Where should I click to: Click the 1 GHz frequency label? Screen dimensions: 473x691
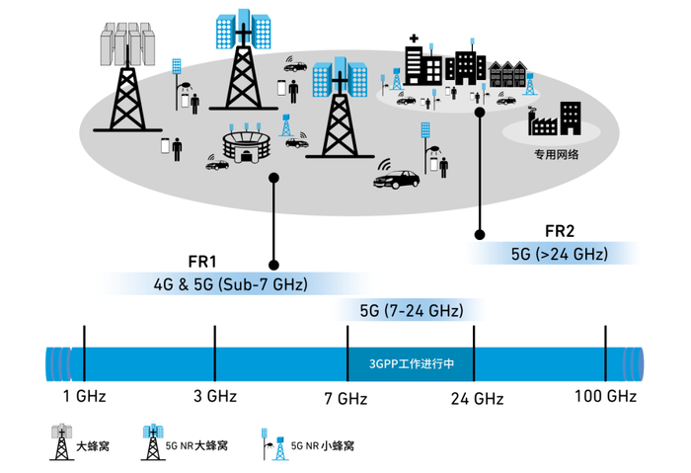pos(84,397)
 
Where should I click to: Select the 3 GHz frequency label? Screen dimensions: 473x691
pos(214,397)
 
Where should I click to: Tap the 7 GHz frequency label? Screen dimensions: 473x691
pos(345,398)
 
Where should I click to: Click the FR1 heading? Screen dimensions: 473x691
pos(202,262)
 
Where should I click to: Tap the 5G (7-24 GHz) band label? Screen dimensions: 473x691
pos(411,310)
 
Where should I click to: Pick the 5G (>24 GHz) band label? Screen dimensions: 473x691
pos(559,254)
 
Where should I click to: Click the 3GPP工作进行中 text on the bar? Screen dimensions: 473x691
pos(411,362)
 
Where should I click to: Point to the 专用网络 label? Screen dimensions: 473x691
pos(556,154)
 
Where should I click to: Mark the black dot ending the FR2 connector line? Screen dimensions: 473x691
pos(480,234)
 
